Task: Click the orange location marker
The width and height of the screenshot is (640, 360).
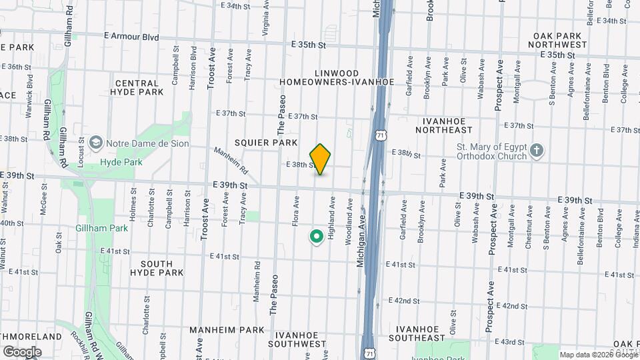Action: [321, 159]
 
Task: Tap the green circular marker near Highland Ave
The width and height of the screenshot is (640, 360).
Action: [316, 236]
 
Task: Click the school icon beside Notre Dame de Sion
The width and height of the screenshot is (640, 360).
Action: [97, 143]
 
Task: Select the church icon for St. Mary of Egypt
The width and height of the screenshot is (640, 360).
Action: [538, 151]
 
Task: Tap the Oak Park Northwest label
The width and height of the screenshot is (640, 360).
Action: [559, 40]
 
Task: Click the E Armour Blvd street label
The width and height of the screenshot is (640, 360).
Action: [132, 37]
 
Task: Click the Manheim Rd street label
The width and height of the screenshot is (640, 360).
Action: [231, 159]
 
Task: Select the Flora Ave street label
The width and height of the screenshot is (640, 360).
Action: [295, 211]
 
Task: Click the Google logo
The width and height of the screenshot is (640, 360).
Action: [21, 351]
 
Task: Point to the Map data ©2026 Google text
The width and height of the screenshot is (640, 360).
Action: [598, 355]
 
